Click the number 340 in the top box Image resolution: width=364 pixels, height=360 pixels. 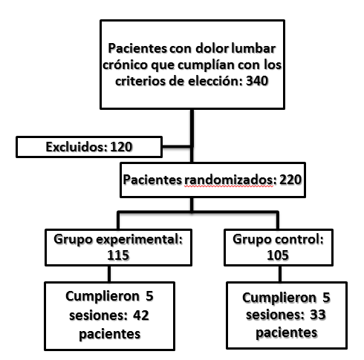point(257,81)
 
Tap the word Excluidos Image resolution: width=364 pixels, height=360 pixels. point(77,147)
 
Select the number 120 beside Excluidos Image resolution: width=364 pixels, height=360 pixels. point(121,147)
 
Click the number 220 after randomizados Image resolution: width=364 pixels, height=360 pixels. point(290,180)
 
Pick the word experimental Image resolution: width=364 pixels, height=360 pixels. point(139,240)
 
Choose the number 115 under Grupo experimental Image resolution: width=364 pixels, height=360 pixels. point(118,255)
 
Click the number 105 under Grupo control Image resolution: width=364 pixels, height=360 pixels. point(278,255)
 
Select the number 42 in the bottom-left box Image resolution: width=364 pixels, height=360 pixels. point(141,315)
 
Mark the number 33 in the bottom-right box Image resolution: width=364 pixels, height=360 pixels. point(318,315)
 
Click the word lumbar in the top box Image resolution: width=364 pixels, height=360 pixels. point(253,48)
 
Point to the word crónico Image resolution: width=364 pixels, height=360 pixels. point(125,65)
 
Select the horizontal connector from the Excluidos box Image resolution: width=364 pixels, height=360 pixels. point(177,146)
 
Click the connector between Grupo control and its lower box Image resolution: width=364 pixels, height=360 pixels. point(280,274)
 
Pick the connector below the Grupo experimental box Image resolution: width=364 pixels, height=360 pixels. point(109,274)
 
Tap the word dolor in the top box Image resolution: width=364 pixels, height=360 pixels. point(212,48)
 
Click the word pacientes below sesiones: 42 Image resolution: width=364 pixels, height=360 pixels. point(110,334)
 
